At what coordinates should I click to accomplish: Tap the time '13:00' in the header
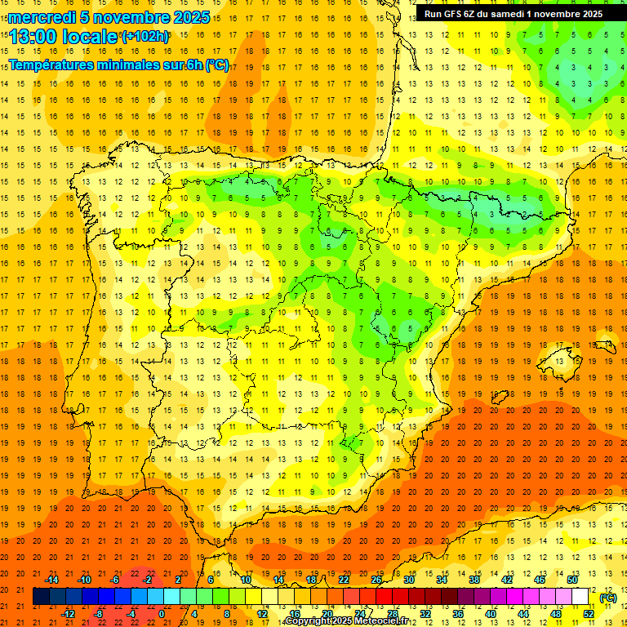32,37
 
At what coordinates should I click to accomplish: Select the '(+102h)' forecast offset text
145,37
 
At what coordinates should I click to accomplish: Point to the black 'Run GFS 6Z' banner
514,13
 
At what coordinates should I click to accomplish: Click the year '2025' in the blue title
192,17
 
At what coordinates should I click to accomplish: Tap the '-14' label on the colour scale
52,580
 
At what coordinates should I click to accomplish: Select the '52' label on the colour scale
589,614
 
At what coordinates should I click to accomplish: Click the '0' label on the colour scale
162,614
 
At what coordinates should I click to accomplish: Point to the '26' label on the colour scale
376,580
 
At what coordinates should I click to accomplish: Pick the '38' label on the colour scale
474,580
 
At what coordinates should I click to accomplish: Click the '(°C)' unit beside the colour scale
608,598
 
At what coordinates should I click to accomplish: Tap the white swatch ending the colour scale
588,598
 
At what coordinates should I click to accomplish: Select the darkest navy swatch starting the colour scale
41,598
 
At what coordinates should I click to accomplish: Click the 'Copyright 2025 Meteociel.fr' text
347,621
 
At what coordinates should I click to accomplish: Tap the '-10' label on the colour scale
84,580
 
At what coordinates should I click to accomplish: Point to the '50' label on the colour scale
572,580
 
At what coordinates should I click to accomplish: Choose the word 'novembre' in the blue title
130,17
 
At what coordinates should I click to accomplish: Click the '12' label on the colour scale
262,614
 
